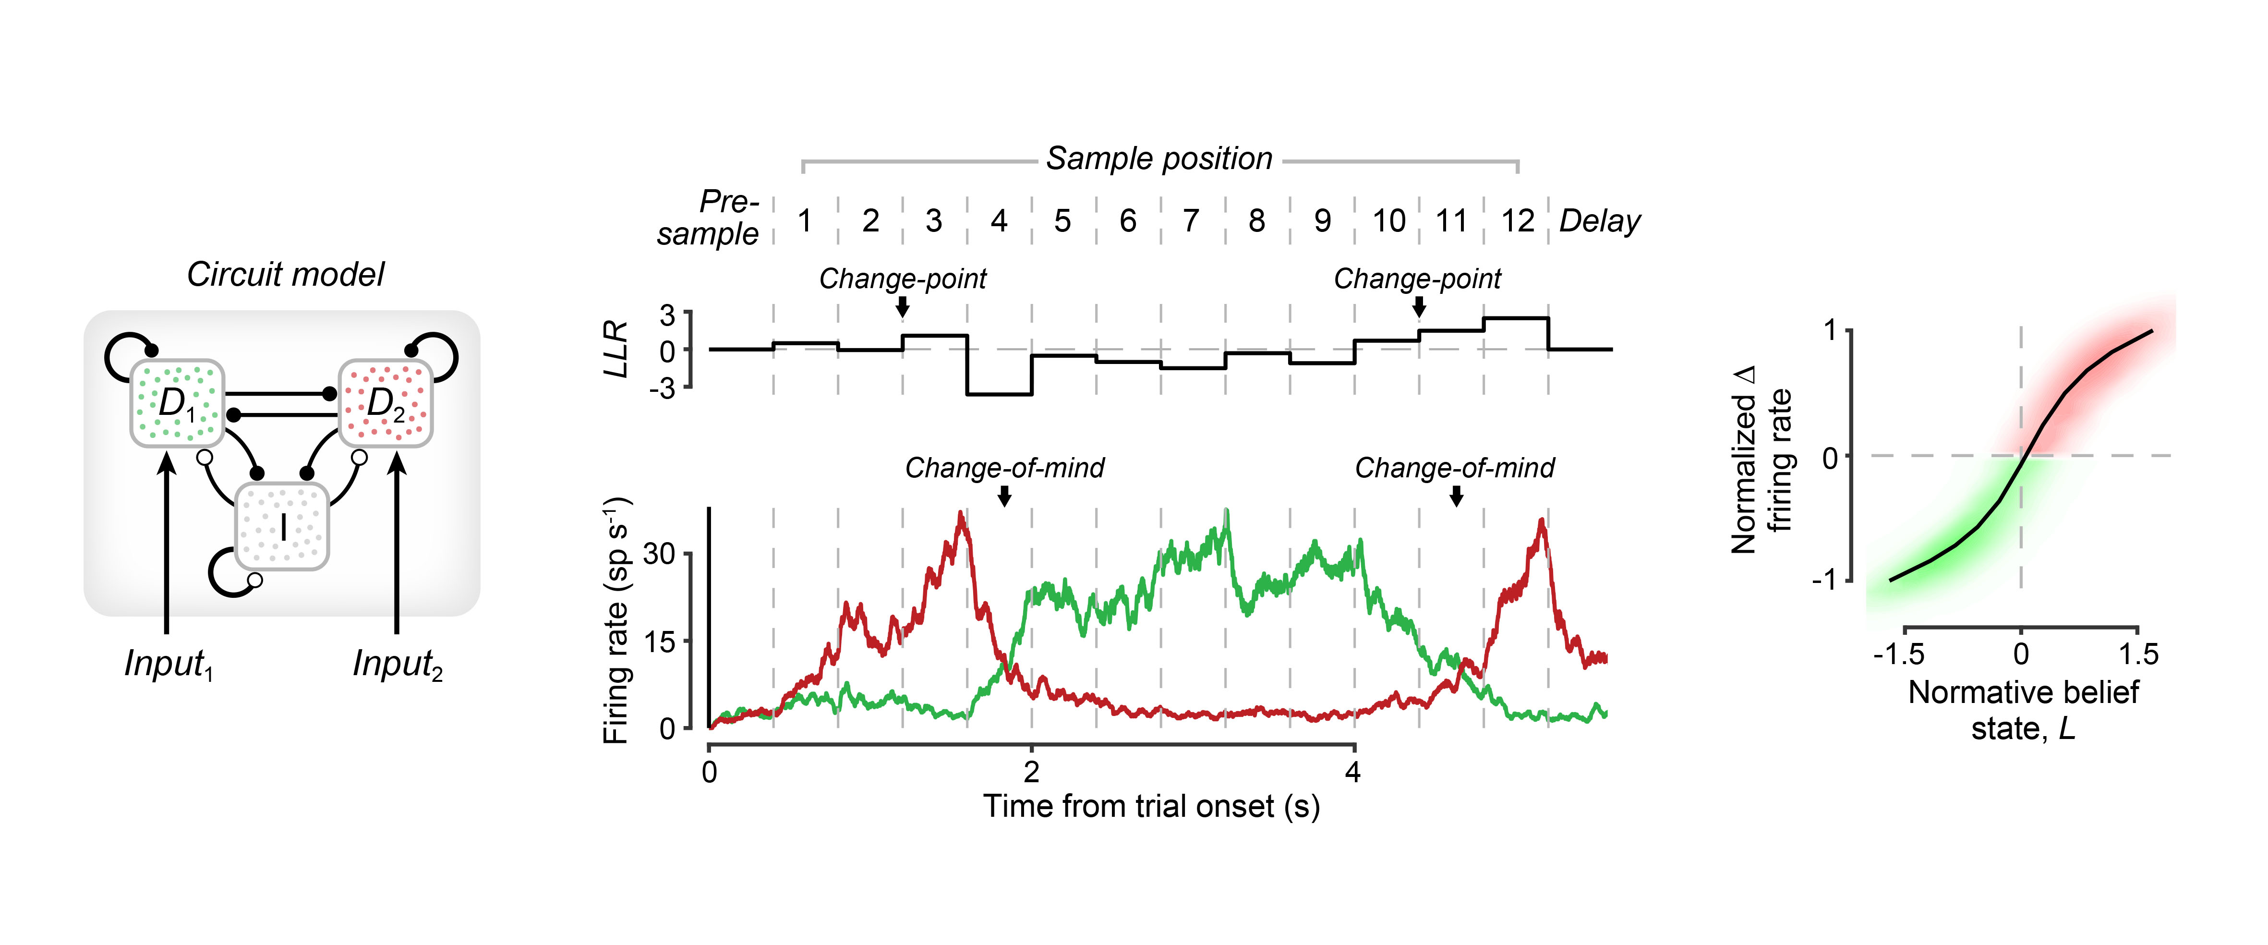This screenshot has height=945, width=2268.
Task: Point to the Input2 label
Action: [397, 664]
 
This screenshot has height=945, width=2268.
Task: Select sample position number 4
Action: [999, 221]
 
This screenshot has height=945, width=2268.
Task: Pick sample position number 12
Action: [1517, 221]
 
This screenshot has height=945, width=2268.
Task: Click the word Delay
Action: [1600, 221]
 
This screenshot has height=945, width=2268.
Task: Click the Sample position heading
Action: [1158, 158]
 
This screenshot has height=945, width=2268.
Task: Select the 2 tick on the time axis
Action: [1031, 773]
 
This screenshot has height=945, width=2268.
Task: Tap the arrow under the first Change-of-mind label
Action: [1004, 497]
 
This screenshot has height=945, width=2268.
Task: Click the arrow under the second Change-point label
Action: [1418, 306]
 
